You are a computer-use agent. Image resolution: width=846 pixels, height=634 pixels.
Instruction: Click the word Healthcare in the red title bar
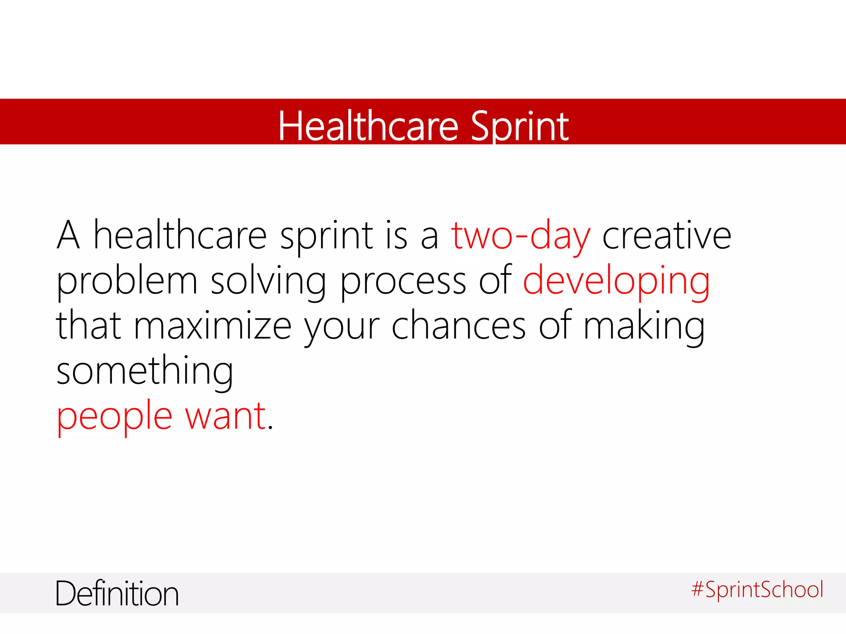click(368, 126)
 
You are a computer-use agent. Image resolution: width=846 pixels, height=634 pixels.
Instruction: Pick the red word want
click(225, 416)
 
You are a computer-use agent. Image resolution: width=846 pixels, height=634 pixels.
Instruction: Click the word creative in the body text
click(666, 236)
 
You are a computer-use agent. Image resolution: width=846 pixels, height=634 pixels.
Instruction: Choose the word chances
click(459, 326)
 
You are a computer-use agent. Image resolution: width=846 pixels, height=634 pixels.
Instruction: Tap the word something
click(145, 371)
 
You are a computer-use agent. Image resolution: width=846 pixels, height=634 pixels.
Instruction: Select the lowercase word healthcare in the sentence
click(180, 236)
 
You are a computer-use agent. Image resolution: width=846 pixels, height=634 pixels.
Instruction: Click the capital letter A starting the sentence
click(68, 236)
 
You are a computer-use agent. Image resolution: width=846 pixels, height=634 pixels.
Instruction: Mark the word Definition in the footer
click(117, 594)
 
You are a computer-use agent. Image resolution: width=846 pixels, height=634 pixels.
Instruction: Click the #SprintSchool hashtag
click(757, 589)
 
